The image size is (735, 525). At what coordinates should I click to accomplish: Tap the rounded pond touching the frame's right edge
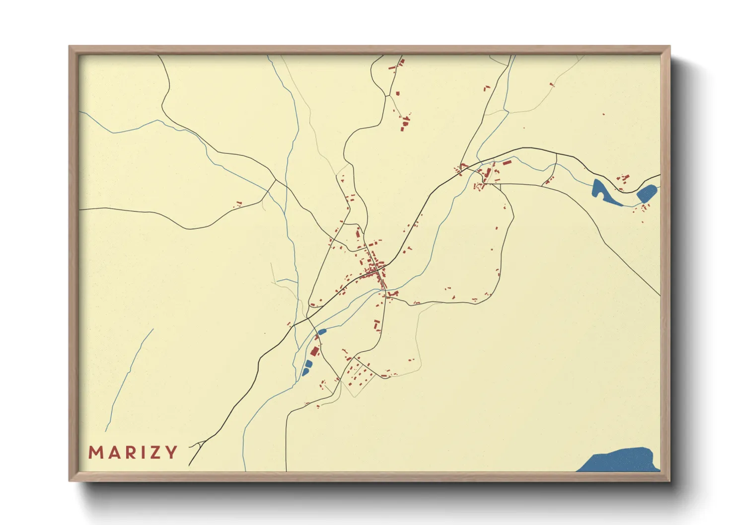pyautogui.click(x=646, y=193)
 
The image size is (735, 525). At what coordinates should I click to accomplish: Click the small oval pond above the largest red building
pyautogui.click(x=321, y=331)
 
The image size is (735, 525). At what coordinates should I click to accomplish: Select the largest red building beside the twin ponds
pyautogui.click(x=314, y=351)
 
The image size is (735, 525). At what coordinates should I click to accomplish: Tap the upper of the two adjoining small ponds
pyautogui.click(x=308, y=364)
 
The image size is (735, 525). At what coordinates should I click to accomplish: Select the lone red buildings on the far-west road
pyautogui.click(x=238, y=203)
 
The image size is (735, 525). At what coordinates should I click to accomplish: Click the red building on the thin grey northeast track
pyautogui.click(x=551, y=84)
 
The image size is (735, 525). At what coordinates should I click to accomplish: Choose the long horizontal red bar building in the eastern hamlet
pyautogui.click(x=507, y=162)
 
